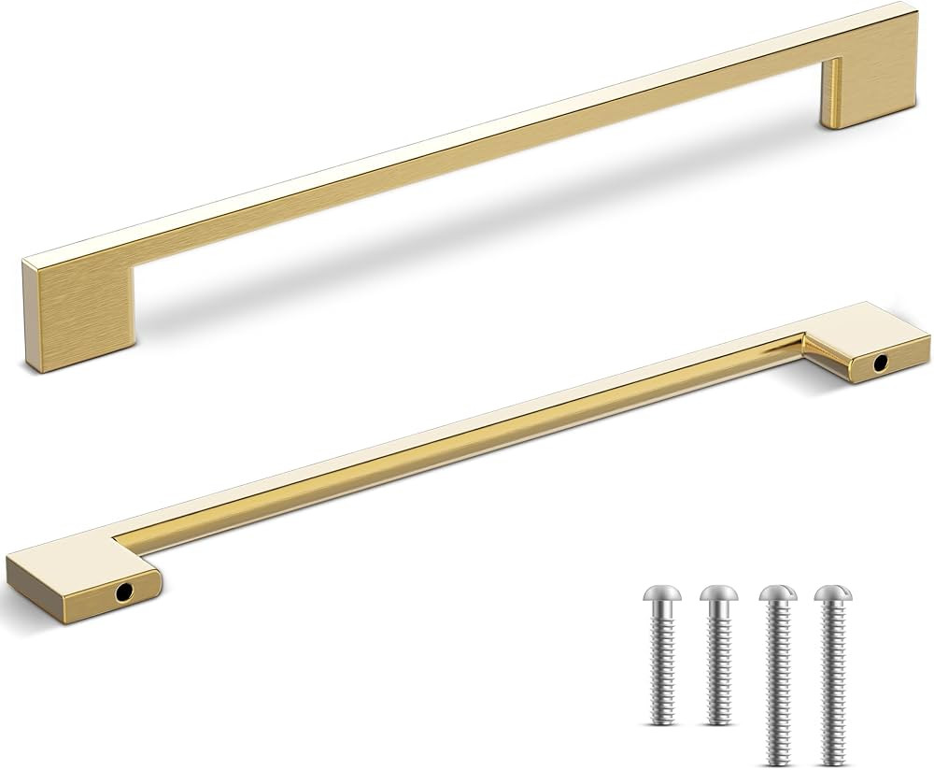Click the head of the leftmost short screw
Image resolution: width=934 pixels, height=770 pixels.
click(662, 594)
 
